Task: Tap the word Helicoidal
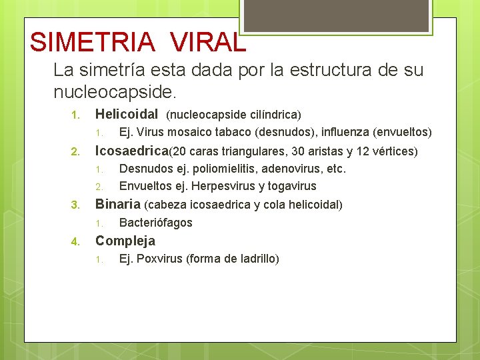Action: [x=127, y=114]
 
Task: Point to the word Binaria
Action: [x=118, y=204]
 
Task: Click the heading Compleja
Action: [x=125, y=241]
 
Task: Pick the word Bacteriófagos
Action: [x=155, y=223]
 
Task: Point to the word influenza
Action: [x=345, y=132]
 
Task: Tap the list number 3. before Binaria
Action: [x=75, y=205]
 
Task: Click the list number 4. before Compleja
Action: [x=75, y=241]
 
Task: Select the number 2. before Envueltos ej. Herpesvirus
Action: [x=98, y=187]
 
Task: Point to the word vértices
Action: [x=393, y=151]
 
